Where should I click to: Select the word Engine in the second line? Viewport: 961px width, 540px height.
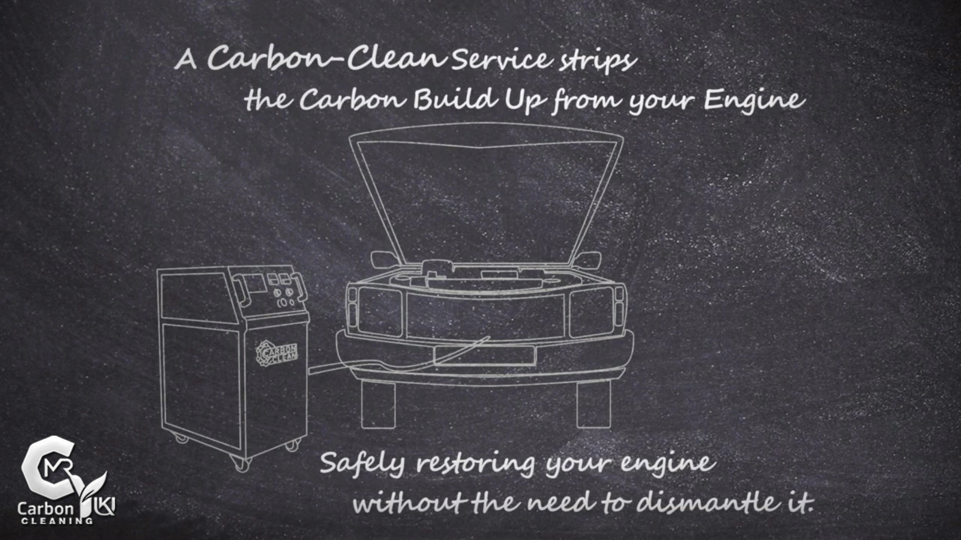pos(754,99)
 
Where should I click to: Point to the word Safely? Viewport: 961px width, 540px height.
pos(362,463)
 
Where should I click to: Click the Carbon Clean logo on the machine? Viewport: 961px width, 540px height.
pos(277,353)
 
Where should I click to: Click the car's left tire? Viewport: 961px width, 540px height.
pos(378,405)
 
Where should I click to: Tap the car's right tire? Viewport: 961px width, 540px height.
pos(594,405)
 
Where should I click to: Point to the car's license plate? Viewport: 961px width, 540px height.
pos(485,355)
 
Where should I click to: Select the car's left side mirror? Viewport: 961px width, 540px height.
pos(383,259)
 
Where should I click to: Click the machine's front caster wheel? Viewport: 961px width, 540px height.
pos(242,464)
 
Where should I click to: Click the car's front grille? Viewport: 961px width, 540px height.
pos(485,315)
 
